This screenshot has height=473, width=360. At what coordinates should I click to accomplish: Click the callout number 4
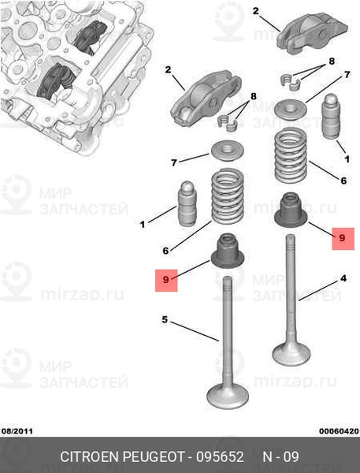pos(343,278)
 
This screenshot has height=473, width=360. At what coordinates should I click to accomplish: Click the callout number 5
pos(165,319)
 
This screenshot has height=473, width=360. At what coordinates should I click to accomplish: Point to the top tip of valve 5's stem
pos(228,277)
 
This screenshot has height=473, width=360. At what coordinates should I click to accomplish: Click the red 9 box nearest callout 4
pos(343,239)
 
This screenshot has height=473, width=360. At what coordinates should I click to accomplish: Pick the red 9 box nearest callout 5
pos(166,280)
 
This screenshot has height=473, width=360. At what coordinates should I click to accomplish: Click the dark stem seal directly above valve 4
pos(291,210)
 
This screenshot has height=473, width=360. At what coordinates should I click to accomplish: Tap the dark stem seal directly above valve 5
pos(228,251)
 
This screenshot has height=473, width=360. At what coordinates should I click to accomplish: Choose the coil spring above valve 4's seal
pos(291,155)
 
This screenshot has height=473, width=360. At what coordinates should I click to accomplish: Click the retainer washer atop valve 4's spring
pos(291,108)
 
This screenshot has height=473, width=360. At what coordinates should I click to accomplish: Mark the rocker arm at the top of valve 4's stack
pos(313,32)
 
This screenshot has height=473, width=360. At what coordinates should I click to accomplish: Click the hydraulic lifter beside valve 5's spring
pos(187,203)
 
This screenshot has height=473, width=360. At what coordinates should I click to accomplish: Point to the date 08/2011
pos(17,431)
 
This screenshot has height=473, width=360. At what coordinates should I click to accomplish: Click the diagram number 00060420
pos(340,431)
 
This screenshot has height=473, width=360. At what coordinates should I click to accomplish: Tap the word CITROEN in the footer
pos(90,456)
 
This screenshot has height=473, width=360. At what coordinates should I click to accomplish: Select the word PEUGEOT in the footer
pos(154,456)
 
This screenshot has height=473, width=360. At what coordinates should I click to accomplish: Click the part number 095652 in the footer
pos(220,456)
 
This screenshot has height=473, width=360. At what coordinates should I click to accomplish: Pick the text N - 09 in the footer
pos(280,456)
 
